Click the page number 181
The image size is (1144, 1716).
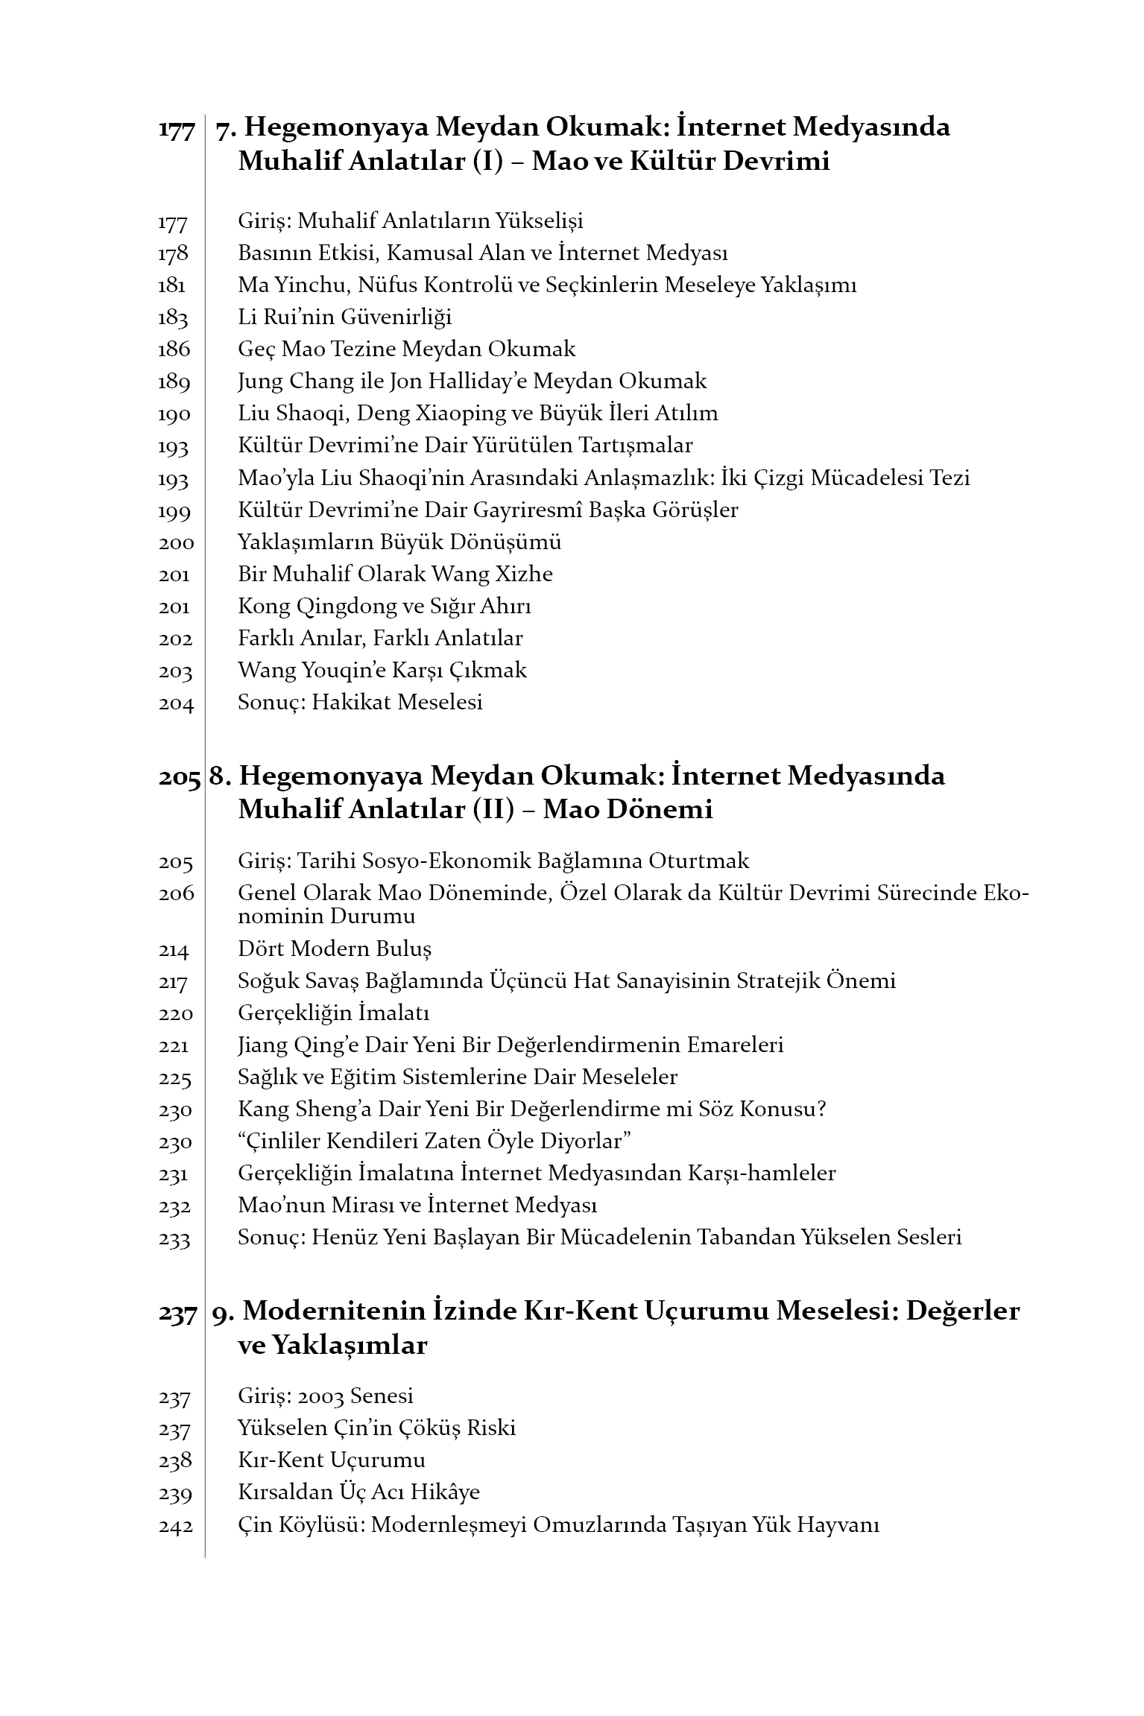coord(172,285)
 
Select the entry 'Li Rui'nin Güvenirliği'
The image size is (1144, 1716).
coord(344,317)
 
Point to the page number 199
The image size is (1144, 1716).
coord(174,511)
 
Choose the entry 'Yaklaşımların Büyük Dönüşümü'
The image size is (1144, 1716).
coord(399,542)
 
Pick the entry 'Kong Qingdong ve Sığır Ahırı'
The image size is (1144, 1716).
coord(384,606)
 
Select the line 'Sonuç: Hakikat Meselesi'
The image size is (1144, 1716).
coord(360,702)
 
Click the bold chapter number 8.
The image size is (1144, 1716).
coord(221,776)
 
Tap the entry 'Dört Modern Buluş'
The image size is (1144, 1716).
coord(335,949)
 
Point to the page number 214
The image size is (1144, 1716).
coord(174,950)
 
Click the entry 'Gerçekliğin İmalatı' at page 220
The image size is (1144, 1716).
coord(333,1013)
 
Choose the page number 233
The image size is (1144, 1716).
coord(174,1238)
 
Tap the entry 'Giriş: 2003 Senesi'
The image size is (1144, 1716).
coord(325,1396)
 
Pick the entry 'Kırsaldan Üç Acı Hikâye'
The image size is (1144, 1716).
coord(358,1492)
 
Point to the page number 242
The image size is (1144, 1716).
coord(176,1525)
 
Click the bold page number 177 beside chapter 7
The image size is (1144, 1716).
coord(177,129)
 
